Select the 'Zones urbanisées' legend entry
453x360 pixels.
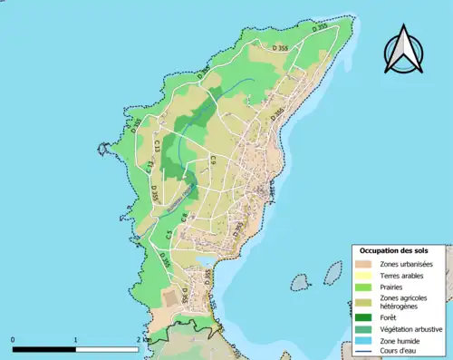(x=407, y=264)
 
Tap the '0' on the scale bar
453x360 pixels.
(x=14, y=339)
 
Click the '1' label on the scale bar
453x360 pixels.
(x=75, y=339)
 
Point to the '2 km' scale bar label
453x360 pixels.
(x=140, y=339)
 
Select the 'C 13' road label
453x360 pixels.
(x=157, y=142)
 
